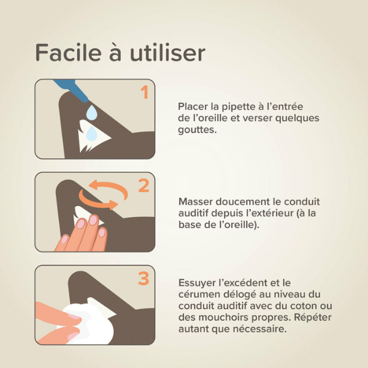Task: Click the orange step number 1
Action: (144, 93)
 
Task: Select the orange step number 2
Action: (144, 185)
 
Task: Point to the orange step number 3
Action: (144, 278)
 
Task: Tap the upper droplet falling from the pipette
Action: (92, 112)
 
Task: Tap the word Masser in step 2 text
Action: (194, 201)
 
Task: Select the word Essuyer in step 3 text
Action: (197, 283)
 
